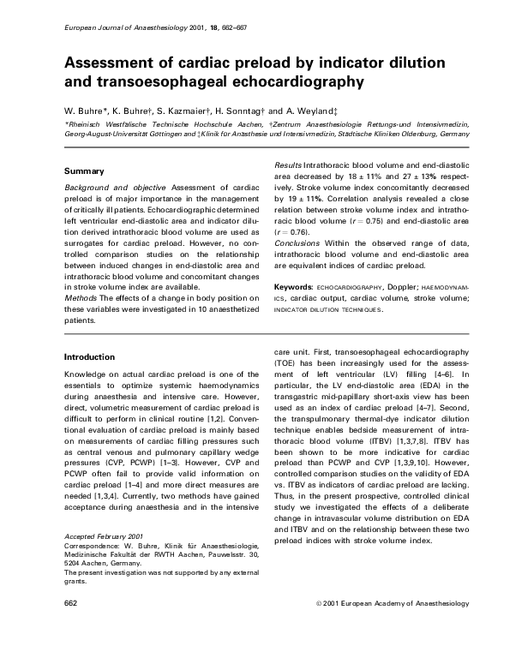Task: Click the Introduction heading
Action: (x=92, y=356)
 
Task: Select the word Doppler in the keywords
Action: (x=394, y=285)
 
